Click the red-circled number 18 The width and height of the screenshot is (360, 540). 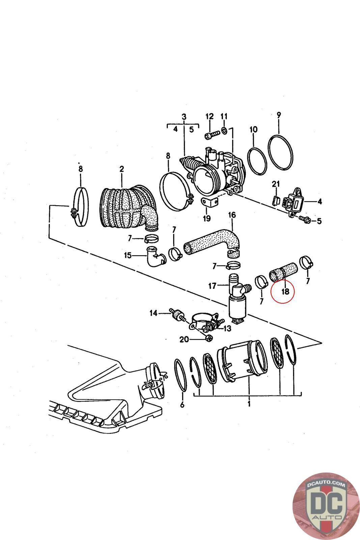coord(285,291)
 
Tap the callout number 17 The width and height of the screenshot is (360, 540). coord(212,286)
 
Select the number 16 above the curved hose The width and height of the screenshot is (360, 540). coord(232,215)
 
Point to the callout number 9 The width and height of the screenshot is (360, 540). coord(279,115)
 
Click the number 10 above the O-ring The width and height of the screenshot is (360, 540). coord(253,129)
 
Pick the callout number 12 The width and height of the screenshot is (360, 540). coord(210,116)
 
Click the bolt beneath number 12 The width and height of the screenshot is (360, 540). coord(210,136)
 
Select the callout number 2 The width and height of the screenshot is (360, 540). coord(121,168)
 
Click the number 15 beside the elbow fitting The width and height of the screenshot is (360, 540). coord(128,255)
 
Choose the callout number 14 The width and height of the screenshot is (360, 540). coord(154,313)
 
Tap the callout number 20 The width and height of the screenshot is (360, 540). coord(184,340)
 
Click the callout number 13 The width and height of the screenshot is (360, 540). coord(227,328)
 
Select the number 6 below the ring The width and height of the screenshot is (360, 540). coord(182,405)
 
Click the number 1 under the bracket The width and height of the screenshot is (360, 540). coord(249,404)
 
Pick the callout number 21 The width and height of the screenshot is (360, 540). coord(276,184)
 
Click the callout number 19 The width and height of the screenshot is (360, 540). coord(206,218)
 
